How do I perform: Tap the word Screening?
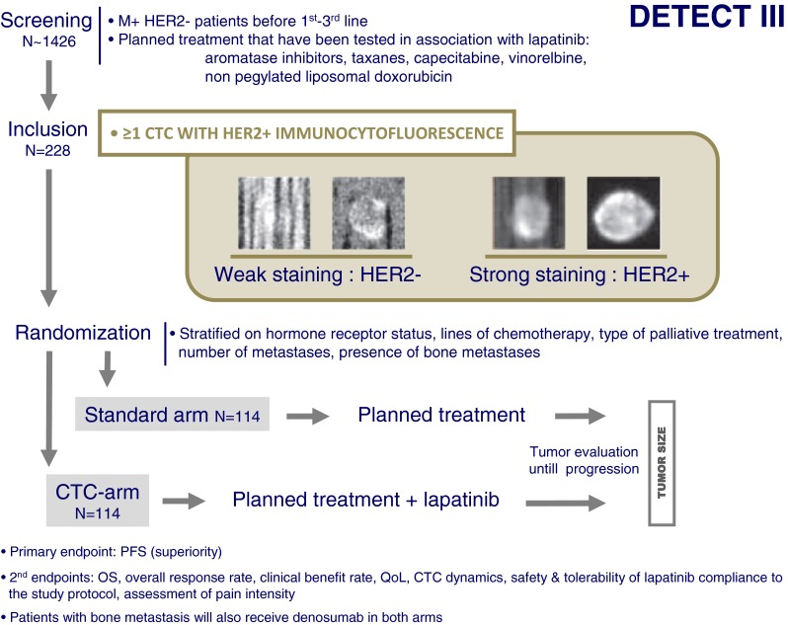[45, 18]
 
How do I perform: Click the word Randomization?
[82, 334]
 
